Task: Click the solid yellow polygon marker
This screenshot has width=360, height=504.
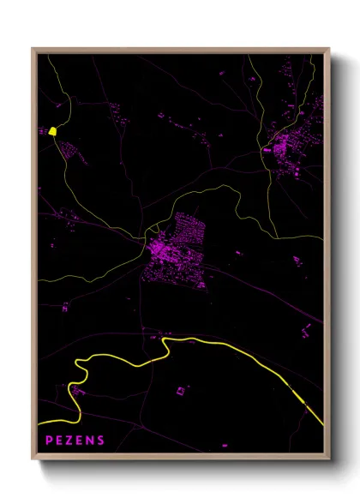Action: coord(53,131)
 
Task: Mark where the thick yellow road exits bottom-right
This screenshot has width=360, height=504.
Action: coord(321,422)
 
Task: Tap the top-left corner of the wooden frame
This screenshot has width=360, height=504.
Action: coord(33,50)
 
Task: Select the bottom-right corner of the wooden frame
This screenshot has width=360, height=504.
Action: coord(329,460)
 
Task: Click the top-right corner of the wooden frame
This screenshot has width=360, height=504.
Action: coord(329,50)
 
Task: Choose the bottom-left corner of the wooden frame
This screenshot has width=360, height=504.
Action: coord(33,460)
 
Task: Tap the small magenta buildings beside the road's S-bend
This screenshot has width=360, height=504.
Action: coord(77,391)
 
